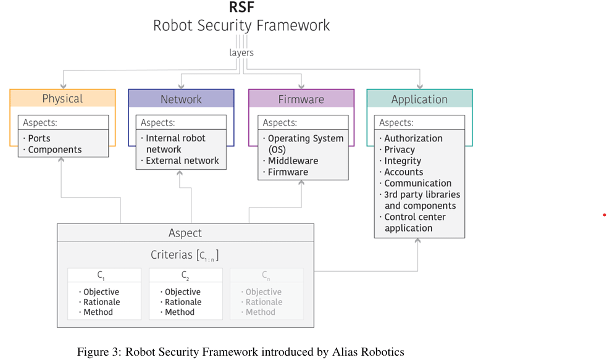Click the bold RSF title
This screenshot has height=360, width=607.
(241, 7)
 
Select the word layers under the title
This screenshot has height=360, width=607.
(241, 53)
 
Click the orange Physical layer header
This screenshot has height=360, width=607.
(62, 99)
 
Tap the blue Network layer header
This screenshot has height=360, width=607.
(181, 99)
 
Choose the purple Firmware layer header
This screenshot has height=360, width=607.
(301, 99)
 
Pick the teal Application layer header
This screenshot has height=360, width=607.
(419, 99)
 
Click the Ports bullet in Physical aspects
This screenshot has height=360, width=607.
(39, 138)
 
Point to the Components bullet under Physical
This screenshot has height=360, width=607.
(54, 149)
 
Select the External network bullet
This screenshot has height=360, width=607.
(182, 161)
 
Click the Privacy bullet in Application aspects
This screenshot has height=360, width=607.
(400, 149)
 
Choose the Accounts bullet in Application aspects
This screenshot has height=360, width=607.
(404, 172)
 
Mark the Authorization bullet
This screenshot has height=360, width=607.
(413, 138)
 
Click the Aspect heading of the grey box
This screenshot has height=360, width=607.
(185, 233)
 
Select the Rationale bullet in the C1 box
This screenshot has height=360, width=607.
(102, 302)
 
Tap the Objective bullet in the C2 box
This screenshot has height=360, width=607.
(182, 292)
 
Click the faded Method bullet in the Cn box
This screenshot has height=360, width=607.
(260, 312)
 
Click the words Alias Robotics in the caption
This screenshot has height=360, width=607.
(369, 352)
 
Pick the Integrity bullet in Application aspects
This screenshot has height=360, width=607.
(403, 161)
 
